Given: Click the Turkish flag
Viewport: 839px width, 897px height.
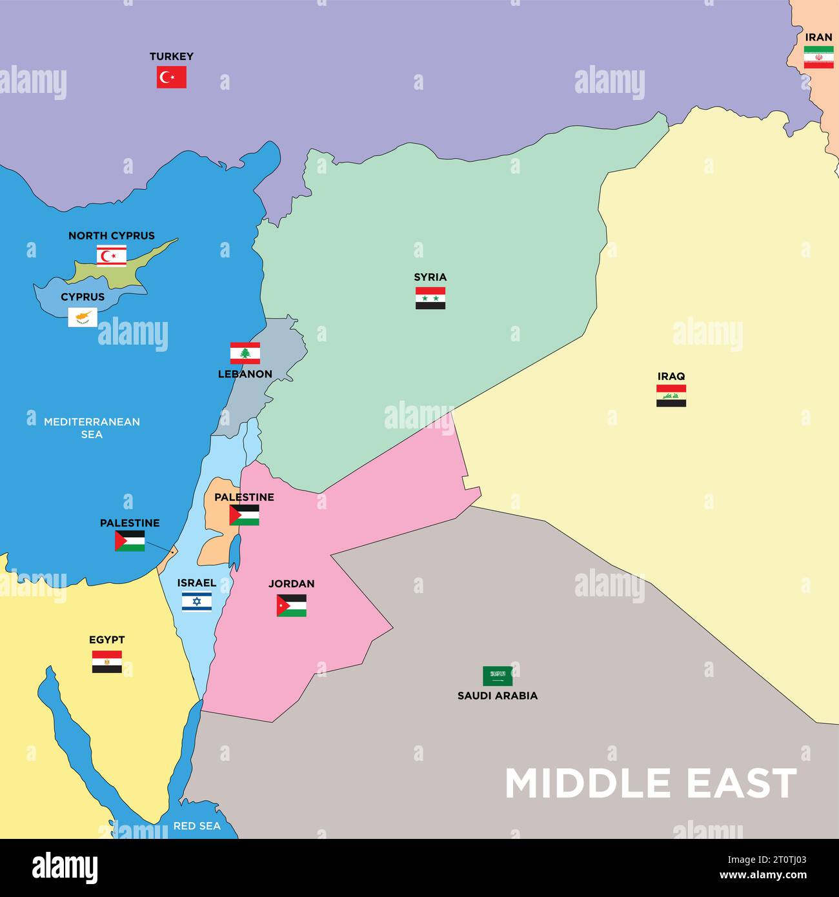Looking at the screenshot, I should coord(172,77).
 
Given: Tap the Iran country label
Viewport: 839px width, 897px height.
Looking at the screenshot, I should coord(818,37).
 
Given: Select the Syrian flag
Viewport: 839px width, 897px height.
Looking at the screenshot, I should coord(430,298).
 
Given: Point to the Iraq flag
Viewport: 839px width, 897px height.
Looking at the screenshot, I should coord(671,396).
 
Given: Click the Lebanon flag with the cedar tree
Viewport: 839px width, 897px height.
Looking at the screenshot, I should coord(245,353).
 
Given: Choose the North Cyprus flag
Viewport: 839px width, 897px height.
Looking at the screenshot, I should coord(112,256).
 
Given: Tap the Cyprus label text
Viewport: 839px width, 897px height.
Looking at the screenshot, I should coord(83,297).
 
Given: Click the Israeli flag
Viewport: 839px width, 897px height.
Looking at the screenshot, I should coord(196,601).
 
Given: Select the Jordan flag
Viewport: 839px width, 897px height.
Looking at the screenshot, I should coord(292,605).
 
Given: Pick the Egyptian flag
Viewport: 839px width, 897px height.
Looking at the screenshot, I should coord(107,661).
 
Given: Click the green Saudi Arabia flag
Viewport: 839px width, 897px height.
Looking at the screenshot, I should coord(498,676).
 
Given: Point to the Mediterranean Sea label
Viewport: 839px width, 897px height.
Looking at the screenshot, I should coord(92,428).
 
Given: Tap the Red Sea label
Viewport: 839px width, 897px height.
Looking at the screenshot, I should coord(197,826).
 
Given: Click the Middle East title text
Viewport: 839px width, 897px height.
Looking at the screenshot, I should coord(651,783).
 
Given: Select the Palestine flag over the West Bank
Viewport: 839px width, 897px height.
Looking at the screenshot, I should coord(244,515).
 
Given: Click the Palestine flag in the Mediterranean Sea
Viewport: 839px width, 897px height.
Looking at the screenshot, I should coord(130,541).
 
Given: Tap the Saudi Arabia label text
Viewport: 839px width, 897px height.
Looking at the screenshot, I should coord(498,696).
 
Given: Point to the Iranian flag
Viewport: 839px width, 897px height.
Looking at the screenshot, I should coord(818,57).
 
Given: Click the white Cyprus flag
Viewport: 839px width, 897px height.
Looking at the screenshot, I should coord(83,317).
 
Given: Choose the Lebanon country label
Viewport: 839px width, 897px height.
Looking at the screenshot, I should coord(245,374).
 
